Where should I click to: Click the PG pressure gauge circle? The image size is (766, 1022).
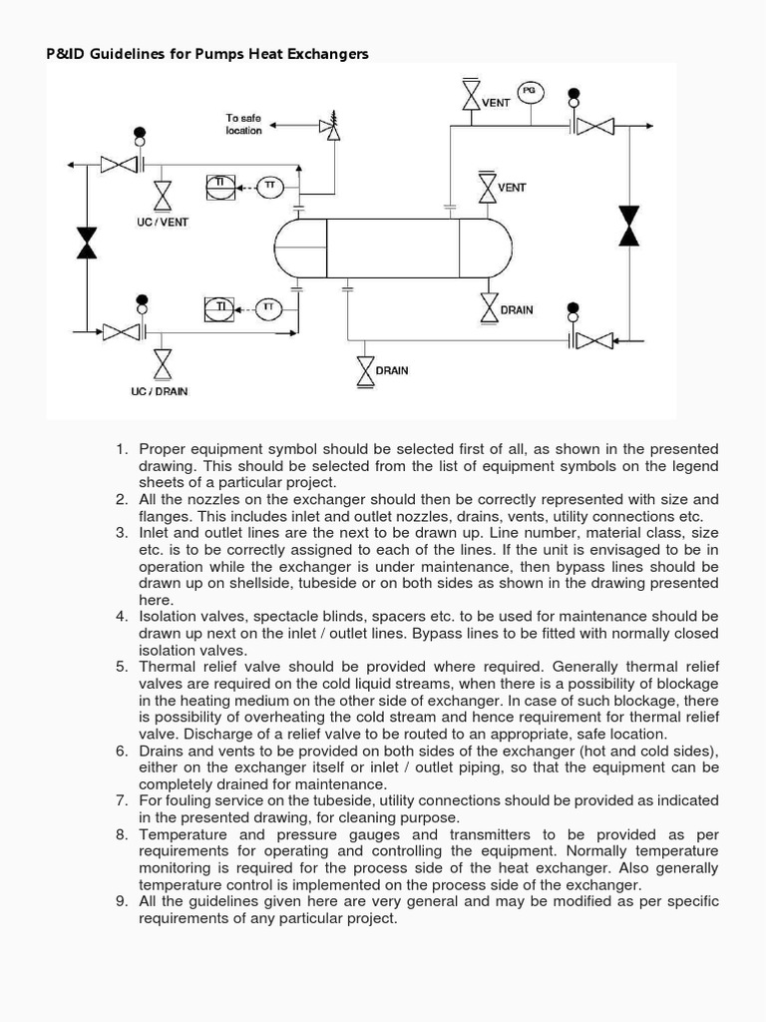pyautogui.click(x=530, y=91)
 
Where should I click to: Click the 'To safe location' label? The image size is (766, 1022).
pyautogui.click(x=243, y=124)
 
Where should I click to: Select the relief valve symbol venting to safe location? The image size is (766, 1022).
pyautogui.click(x=327, y=126)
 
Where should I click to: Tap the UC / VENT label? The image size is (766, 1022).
pyautogui.click(x=162, y=222)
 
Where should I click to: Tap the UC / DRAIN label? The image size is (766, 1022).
pyautogui.click(x=159, y=391)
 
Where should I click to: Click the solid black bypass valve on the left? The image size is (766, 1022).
pyautogui.click(x=87, y=243)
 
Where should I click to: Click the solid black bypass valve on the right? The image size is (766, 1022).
pyautogui.click(x=628, y=226)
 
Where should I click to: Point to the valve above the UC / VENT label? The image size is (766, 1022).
pyautogui.click(x=162, y=195)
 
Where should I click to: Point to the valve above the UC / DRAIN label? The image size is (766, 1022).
pyautogui.click(x=162, y=363)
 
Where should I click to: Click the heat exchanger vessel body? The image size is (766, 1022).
pyautogui.click(x=393, y=248)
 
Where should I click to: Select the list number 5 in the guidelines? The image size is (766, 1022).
pyautogui.click(x=121, y=667)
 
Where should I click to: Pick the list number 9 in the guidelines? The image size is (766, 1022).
pyautogui.click(x=121, y=901)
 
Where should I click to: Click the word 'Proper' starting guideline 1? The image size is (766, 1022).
pyautogui.click(x=162, y=449)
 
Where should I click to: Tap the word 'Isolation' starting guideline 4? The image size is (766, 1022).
pyautogui.click(x=168, y=617)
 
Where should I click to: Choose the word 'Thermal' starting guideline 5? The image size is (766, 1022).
pyautogui.click(x=165, y=667)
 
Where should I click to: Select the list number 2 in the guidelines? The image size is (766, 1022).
pyautogui.click(x=121, y=499)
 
